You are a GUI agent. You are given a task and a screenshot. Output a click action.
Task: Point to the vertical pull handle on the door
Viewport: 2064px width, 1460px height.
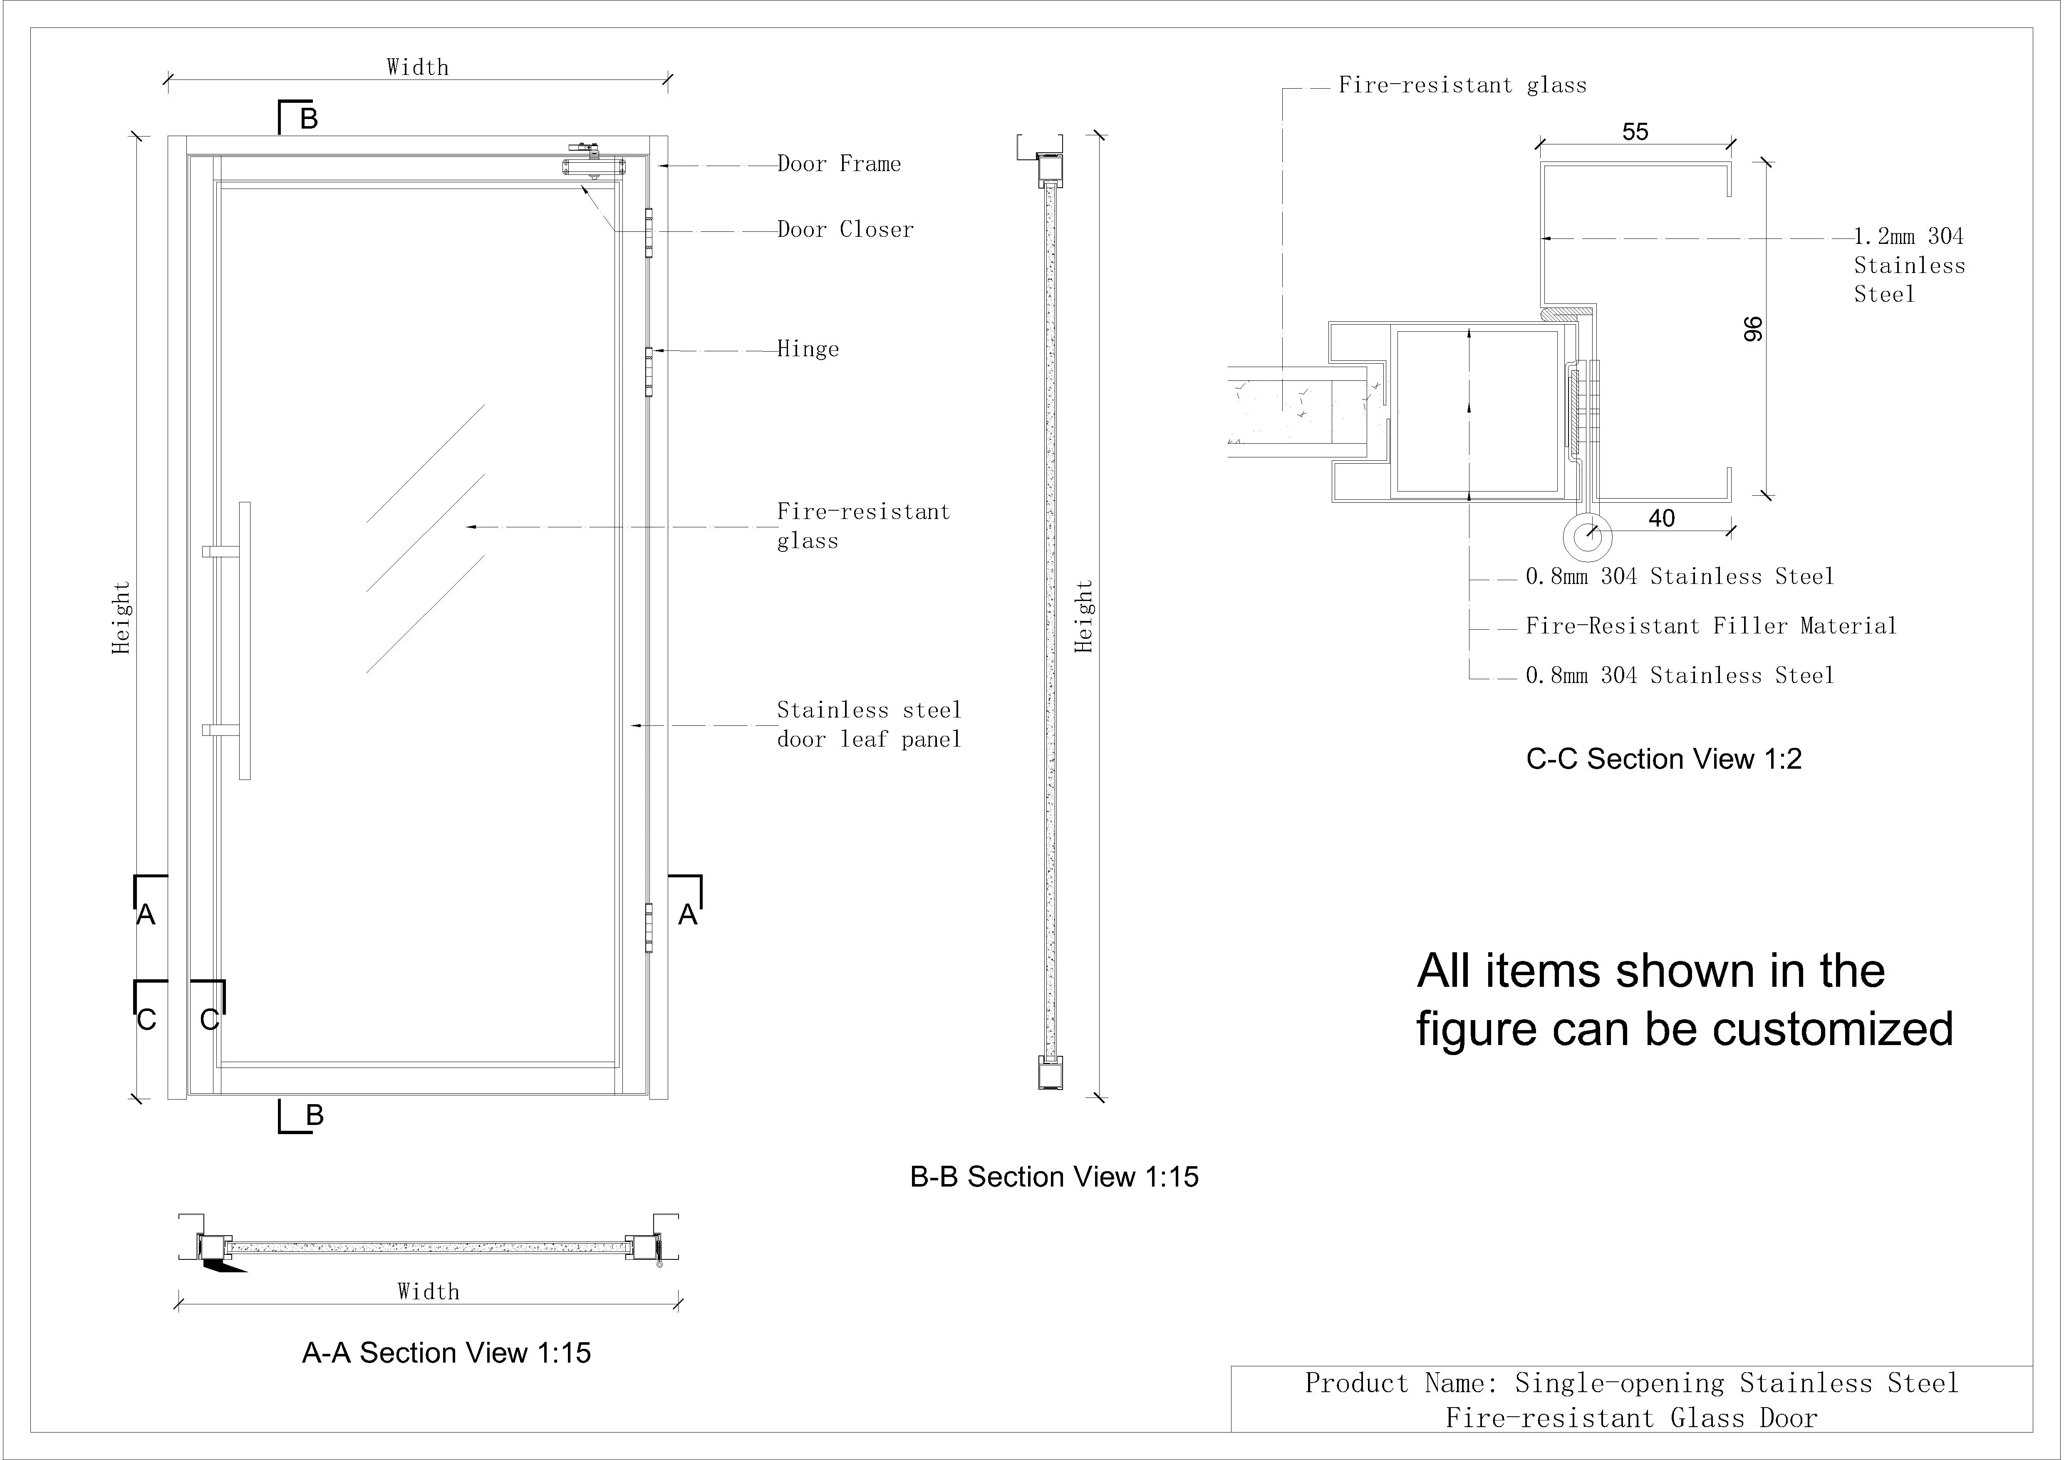click(x=245, y=640)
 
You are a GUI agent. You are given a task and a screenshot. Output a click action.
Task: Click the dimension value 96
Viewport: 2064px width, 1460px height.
click(x=1753, y=329)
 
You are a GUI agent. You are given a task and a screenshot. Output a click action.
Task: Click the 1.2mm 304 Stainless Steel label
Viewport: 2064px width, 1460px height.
click(x=1908, y=265)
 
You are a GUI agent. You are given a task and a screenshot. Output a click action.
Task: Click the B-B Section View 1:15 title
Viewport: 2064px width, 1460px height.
click(x=1053, y=1177)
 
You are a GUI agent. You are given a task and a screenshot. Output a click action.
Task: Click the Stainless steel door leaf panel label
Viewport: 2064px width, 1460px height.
click(x=868, y=725)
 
